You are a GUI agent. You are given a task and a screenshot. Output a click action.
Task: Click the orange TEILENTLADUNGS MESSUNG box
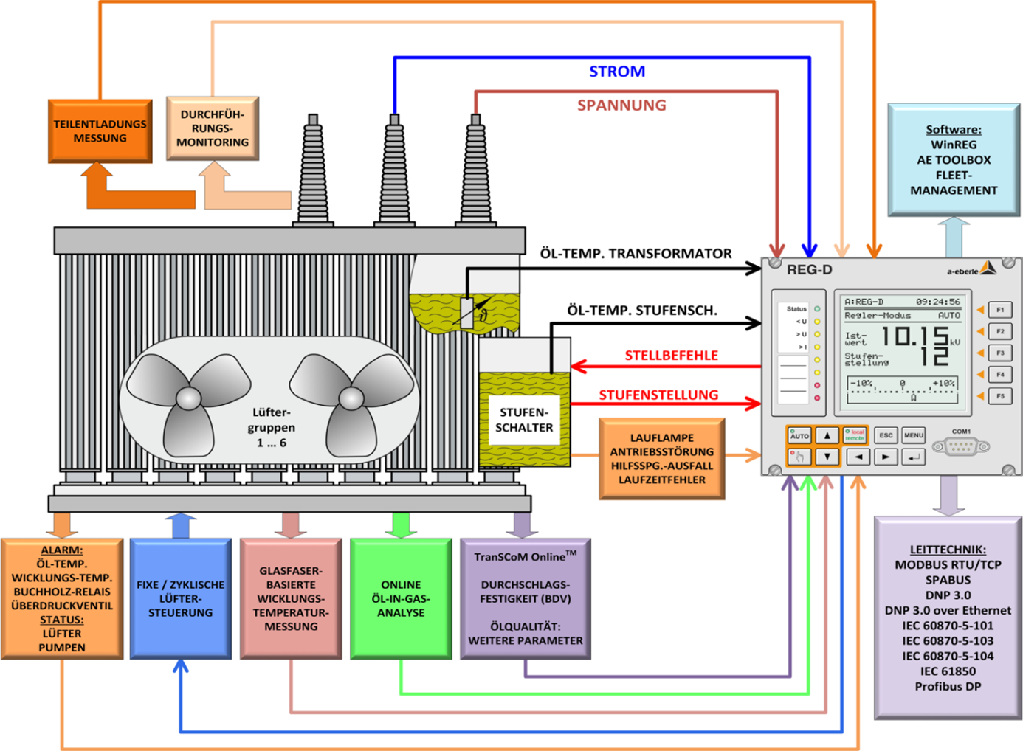100,131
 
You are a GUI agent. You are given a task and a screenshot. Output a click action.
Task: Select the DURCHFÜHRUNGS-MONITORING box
213,128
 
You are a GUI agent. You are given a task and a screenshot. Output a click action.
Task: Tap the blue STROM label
617,72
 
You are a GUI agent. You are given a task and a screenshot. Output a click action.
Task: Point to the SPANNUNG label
621,105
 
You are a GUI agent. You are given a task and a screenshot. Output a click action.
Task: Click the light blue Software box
953,159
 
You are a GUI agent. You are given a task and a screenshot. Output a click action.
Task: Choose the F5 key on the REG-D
1000,396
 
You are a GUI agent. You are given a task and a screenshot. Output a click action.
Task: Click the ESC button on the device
886,435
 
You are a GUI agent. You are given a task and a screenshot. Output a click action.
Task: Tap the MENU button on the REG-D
913,435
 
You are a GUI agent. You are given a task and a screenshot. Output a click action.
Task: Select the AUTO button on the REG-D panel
799,435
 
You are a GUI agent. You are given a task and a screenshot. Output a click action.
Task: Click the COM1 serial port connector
960,446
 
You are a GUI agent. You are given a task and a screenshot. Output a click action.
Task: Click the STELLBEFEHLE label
671,356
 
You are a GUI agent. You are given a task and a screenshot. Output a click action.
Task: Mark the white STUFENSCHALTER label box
524,420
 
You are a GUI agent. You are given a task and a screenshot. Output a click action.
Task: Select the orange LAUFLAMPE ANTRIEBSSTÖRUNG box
662,459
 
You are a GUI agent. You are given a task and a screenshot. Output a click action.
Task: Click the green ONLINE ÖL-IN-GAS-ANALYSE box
401,598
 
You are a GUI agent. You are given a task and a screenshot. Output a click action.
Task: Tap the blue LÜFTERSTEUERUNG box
180,598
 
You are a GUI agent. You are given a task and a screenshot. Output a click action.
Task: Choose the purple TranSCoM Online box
525,598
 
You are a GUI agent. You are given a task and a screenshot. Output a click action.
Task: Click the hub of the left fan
188,398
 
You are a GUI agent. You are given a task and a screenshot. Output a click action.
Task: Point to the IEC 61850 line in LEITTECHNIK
948,671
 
